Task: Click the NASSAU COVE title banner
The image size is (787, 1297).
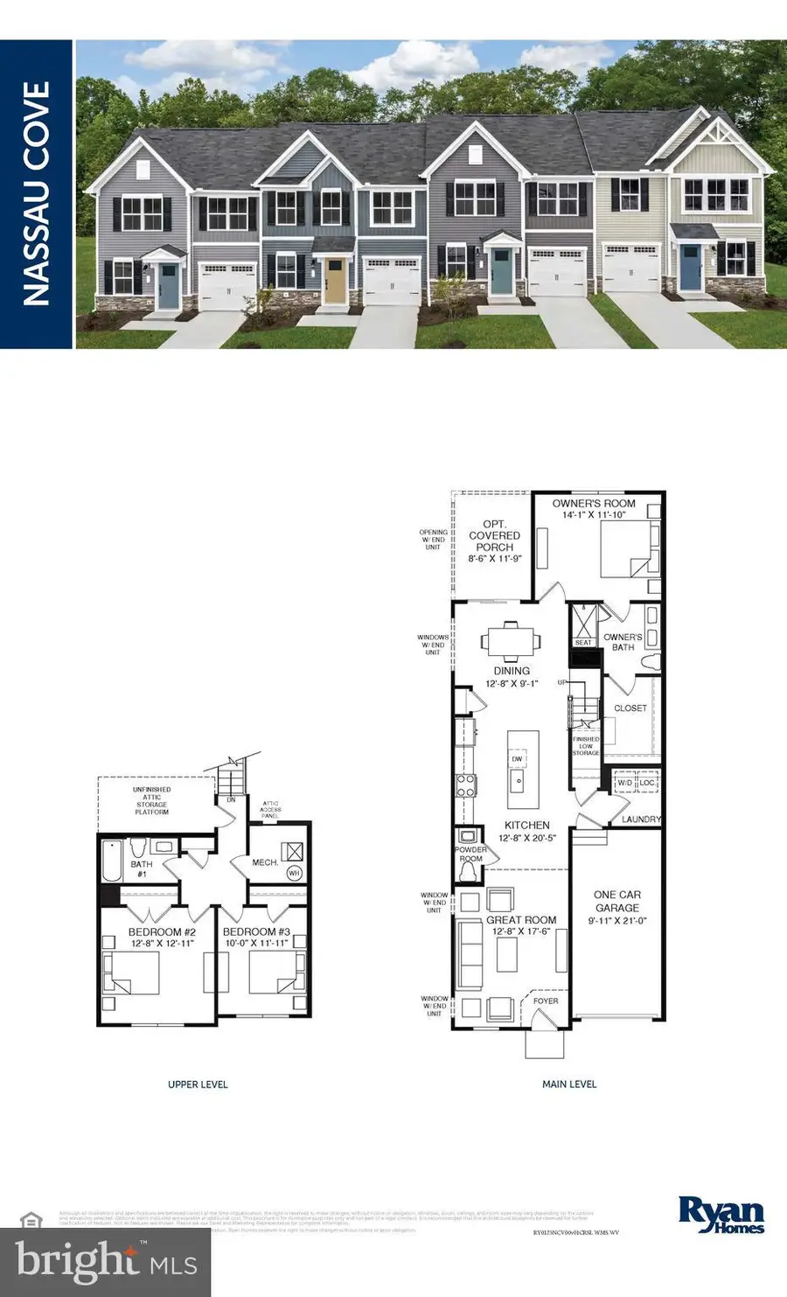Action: (x=36, y=194)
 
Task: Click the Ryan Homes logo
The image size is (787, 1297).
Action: (x=721, y=1215)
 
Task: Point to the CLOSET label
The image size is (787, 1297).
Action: (x=630, y=708)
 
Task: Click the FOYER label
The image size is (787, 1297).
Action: (x=546, y=1001)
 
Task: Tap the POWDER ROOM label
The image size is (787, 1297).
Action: (x=470, y=854)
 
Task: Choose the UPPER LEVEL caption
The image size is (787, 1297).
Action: (x=198, y=1084)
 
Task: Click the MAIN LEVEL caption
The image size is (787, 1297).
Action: (x=569, y=1084)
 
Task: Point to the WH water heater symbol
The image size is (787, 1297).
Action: (x=294, y=873)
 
